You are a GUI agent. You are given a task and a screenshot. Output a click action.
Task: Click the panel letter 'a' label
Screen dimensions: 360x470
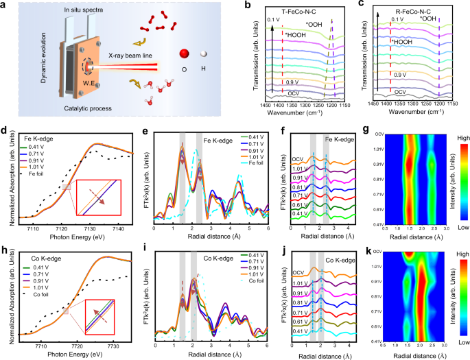pos(4,5)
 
